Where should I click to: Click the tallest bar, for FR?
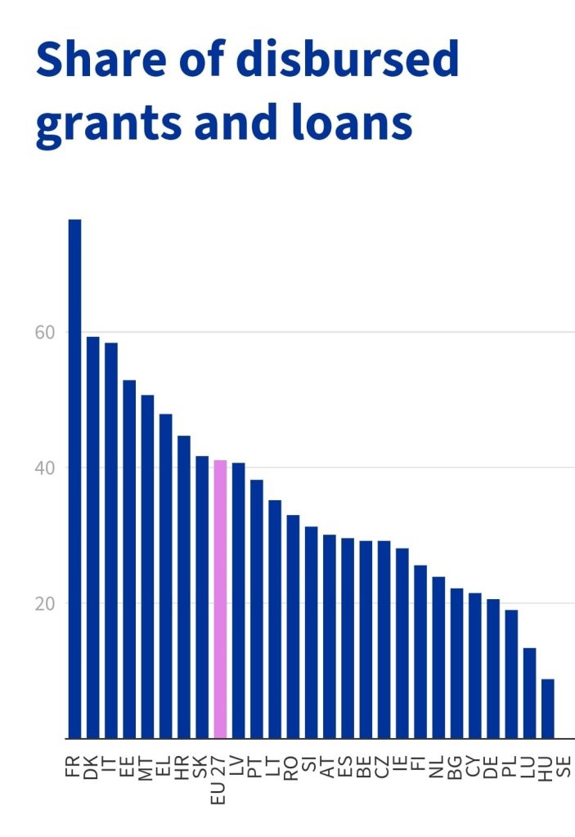pyautogui.click(x=74, y=479)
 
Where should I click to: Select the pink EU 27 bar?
pyautogui.click(x=220, y=599)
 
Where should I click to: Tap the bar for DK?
pyautogui.click(x=93, y=538)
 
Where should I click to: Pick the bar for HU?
pyautogui.click(x=548, y=709)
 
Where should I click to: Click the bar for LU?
pyautogui.click(x=529, y=693)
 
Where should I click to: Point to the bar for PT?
pyautogui.click(x=257, y=609)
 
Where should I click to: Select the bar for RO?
pyautogui.click(x=293, y=627)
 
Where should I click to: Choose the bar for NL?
pyautogui.click(x=438, y=658)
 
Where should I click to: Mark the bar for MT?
pyautogui.click(x=147, y=567)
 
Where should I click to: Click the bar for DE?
pyautogui.click(x=493, y=669)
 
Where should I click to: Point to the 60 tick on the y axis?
pyautogui.click(x=45, y=333)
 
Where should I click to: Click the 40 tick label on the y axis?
pyautogui.click(x=45, y=468)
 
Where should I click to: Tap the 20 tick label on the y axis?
pyautogui.click(x=45, y=604)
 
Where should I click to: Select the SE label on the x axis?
pyautogui.click(x=564, y=768)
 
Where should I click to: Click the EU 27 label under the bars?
pyautogui.click(x=218, y=780)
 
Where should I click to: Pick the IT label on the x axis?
pyautogui.click(x=109, y=764)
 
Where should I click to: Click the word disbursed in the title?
pyautogui.click(x=348, y=59)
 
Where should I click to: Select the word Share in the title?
pyautogui.click(x=101, y=59)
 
